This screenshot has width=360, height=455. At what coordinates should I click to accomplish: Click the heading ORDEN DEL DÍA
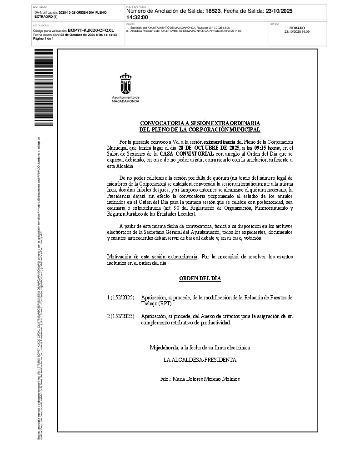[x=200, y=278]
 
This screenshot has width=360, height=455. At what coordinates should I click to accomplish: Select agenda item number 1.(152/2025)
[x=120, y=298]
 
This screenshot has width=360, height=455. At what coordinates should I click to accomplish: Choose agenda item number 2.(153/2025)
[x=120, y=316]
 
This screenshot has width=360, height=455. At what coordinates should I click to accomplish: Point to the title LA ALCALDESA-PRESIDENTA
[x=200, y=359]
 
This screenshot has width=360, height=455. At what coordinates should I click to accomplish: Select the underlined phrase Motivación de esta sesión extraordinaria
[x=152, y=257]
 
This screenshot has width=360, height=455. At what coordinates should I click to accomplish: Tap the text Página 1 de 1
[x=43, y=39]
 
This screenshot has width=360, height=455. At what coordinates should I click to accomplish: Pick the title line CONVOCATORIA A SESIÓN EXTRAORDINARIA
[x=200, y=123]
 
